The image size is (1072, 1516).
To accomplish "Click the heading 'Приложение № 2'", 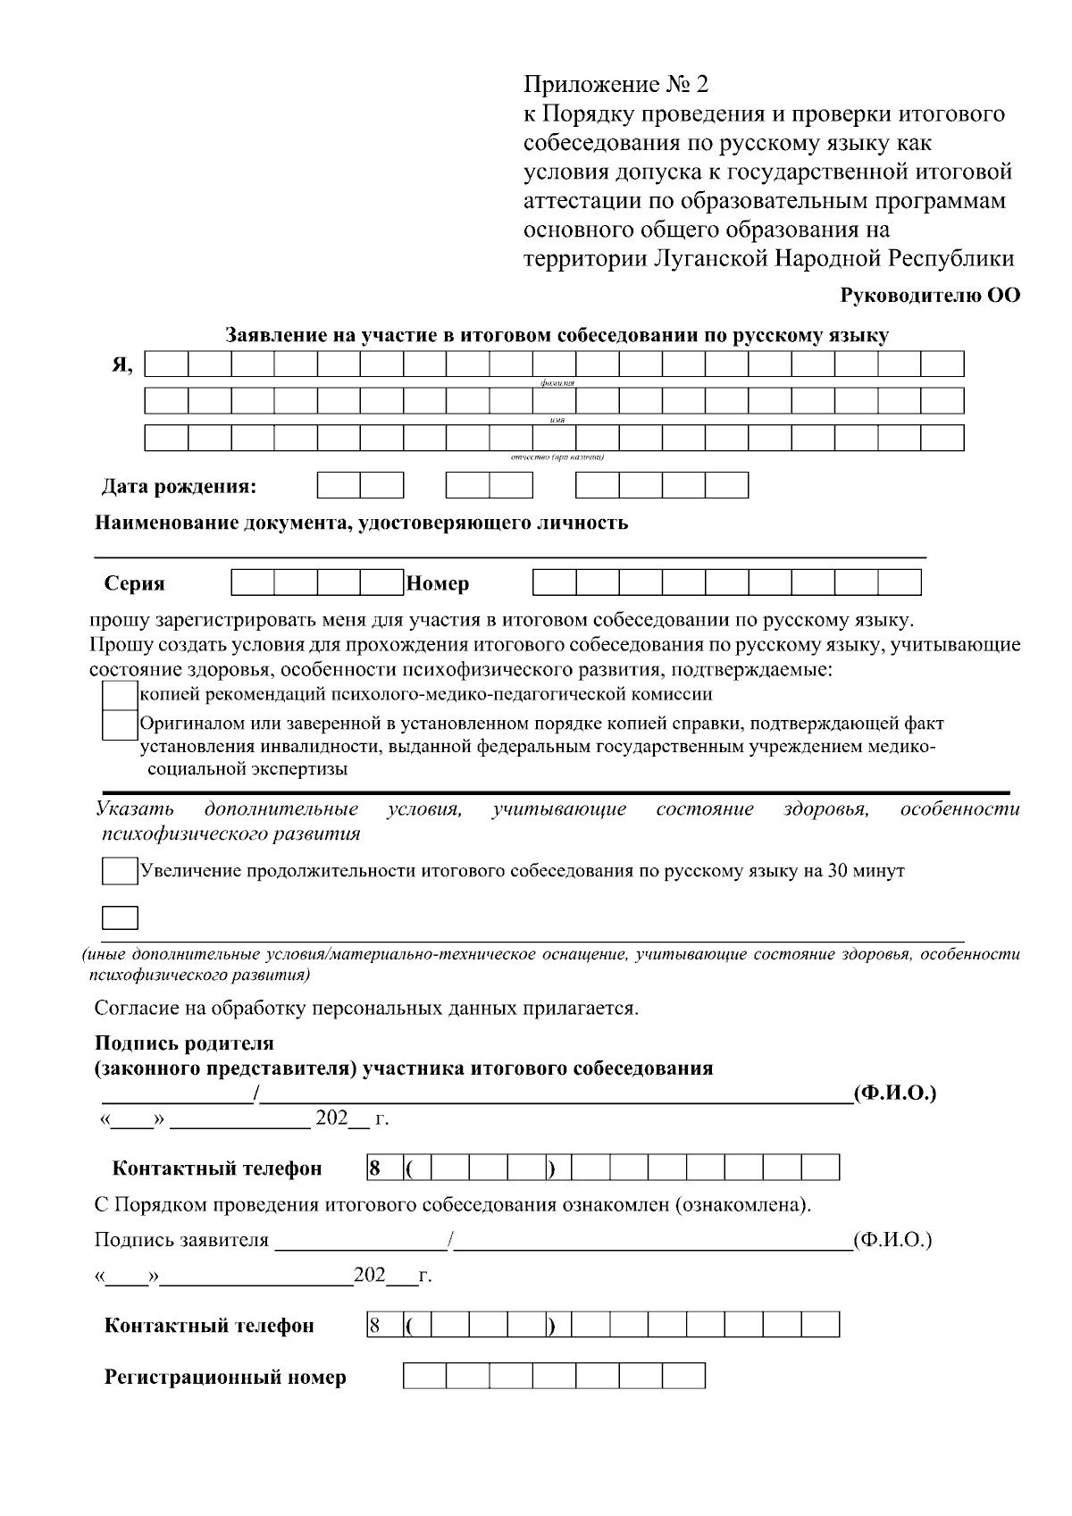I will click(x=616, y=85).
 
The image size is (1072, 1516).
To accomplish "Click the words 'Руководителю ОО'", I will click(x=931, y=296).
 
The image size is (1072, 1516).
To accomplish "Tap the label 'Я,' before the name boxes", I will click(x=121, y=365).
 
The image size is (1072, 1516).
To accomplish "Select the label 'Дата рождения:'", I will click(x=179, y=487).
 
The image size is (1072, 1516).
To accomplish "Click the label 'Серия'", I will click(x=135, y=584).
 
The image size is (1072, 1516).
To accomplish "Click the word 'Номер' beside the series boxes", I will click(x=438, y=584).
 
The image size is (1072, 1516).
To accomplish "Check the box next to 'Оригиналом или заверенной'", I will click(x=119, y=725).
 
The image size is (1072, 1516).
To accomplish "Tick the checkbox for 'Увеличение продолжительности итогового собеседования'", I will click(x=120, y=871).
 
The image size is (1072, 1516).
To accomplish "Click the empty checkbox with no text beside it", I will click(x=120, y=918).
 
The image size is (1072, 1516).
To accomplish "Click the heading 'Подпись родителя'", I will click(x=185, y=1043).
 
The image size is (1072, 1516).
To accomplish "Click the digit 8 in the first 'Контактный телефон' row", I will click(x=375, y=1168).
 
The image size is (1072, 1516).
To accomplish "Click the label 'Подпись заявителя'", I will click(x=181, y=1240).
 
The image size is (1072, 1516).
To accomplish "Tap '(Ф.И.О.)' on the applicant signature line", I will click(x=892, y=1240).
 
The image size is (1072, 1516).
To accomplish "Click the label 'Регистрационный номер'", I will click(x=225, y=1377).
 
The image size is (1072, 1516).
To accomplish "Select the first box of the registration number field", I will click(x=424, y=1376).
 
